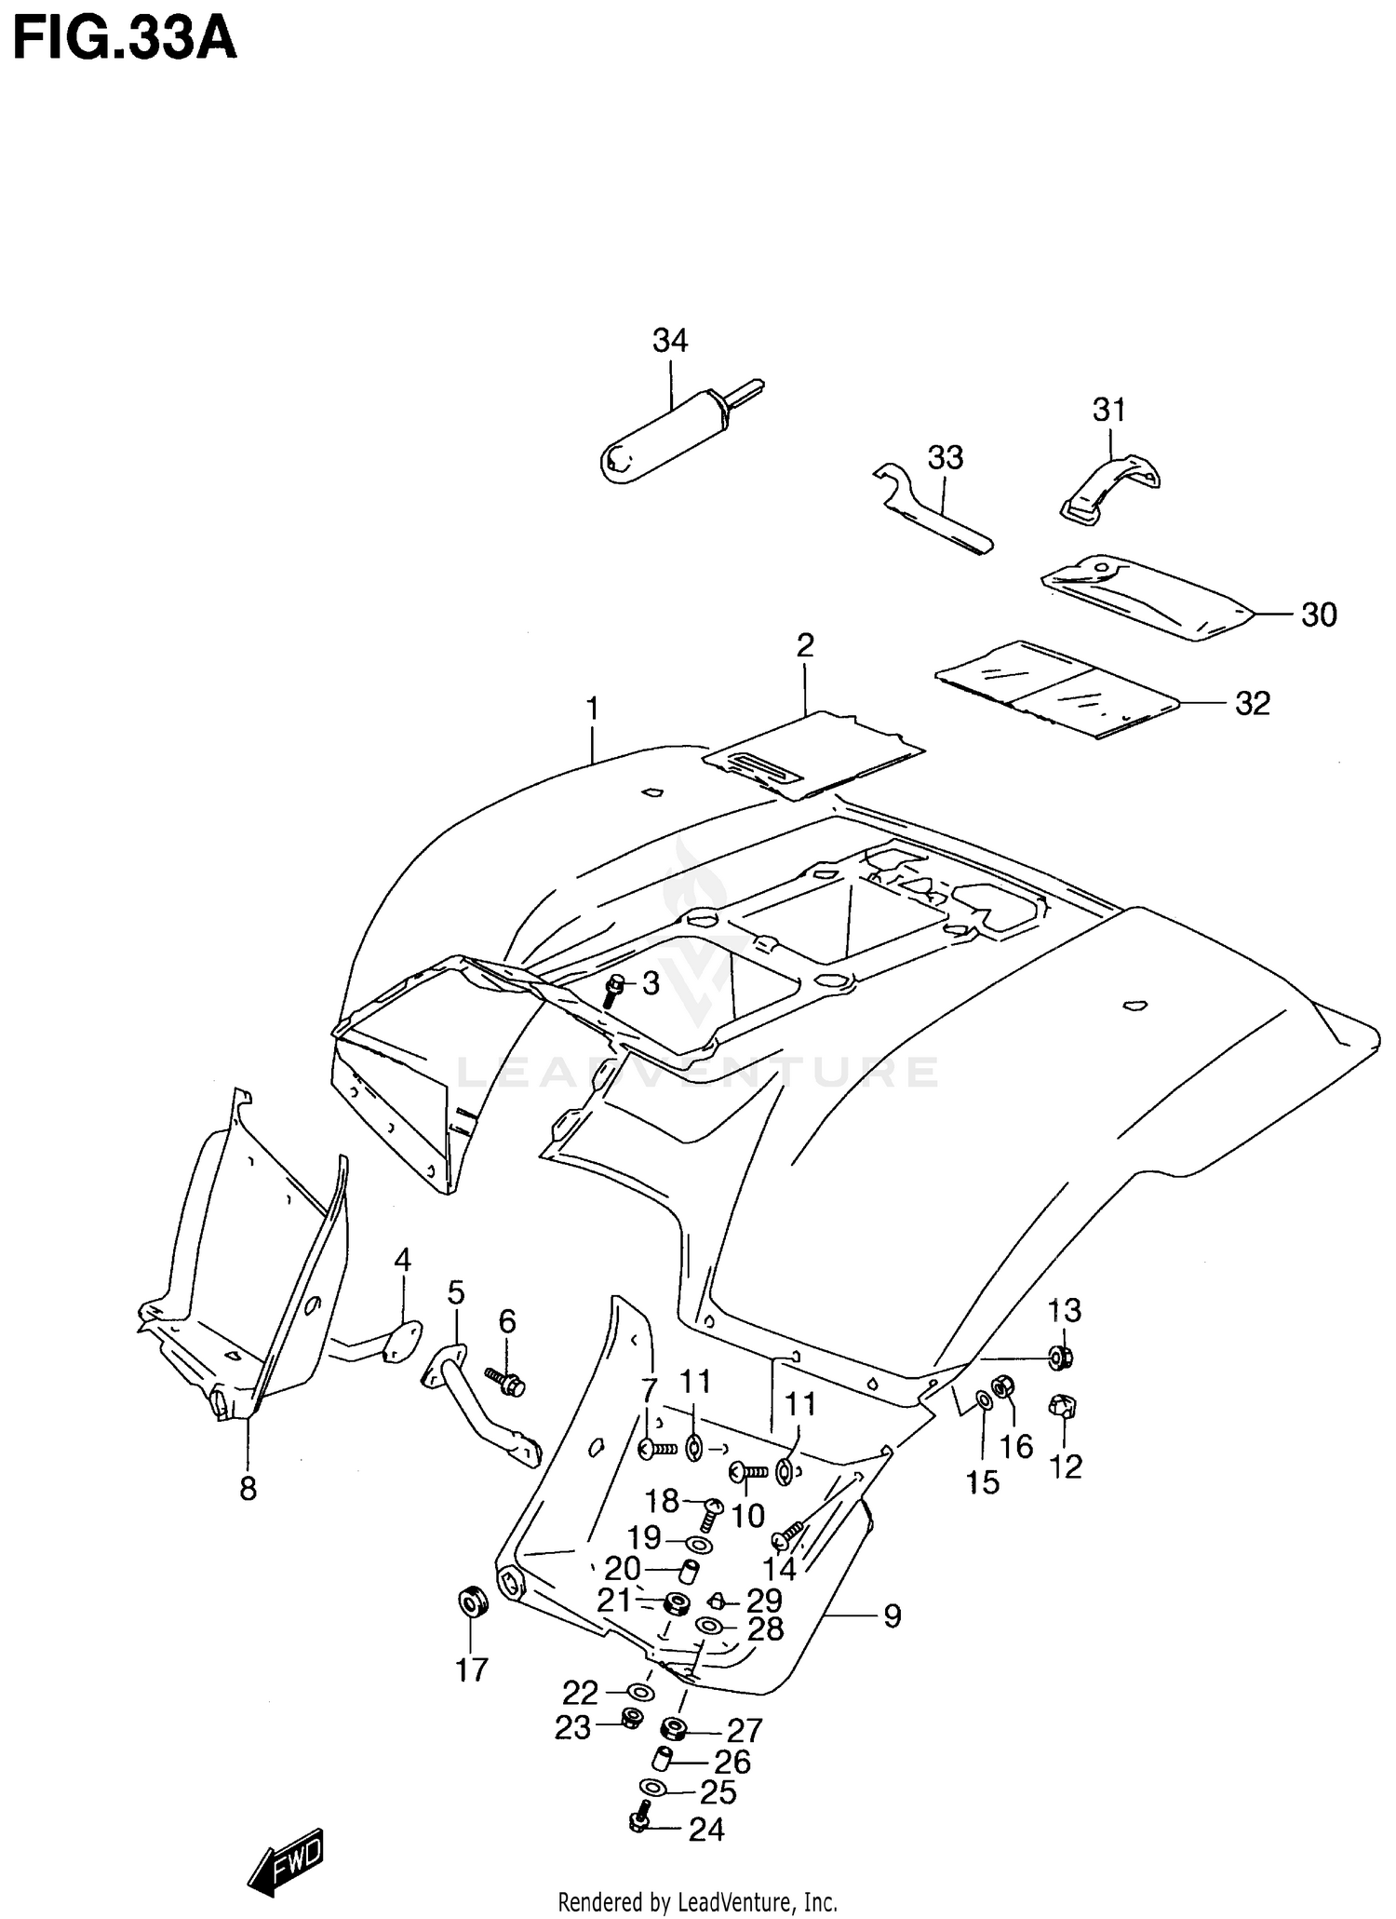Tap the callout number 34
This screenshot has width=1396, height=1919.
click(669, 341)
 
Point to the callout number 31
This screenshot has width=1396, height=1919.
click(1108, 410)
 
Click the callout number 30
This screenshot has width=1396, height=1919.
click(1318, 615)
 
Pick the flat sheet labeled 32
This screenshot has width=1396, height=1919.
click(1056, 689)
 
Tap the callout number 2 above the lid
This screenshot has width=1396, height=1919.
click(805, 645)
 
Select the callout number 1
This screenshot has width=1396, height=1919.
click(592, 709)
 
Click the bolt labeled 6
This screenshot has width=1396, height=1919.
click(506, 1381)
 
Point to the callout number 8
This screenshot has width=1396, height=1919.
click(248, 1489)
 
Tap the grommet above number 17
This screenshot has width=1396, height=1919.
click(473, 1603)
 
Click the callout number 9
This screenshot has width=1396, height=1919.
click(892, 1616)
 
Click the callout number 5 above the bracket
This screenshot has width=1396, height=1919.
click(455, 1292)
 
